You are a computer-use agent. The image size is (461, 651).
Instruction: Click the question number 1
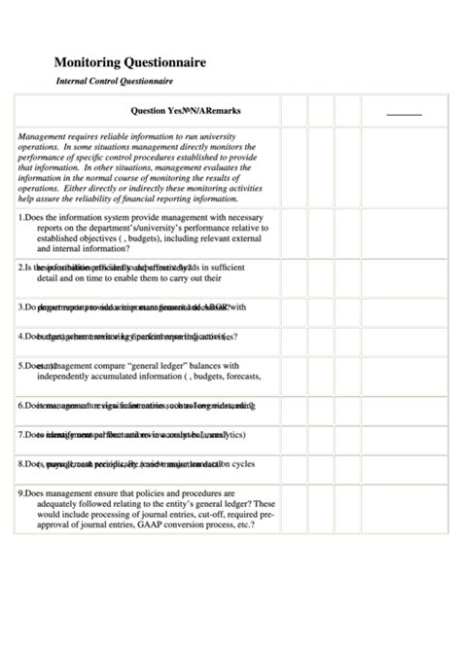tap(20, 218)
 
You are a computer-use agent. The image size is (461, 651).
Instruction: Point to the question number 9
tap(20, 492)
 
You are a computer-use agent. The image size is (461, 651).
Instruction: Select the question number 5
tap(20, 366)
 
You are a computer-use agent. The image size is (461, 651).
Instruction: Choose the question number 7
tap(20, 434)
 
